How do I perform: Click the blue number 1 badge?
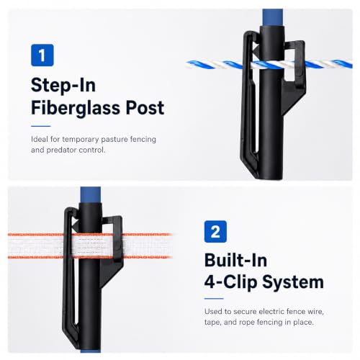42,55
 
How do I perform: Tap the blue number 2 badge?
215,232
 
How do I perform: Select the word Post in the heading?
145,107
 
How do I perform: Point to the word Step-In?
63,85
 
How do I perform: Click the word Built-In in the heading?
235,260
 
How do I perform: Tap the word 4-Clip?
230,282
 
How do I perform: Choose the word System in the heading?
293,282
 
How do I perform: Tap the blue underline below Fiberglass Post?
41,126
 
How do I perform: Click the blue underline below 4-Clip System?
214,299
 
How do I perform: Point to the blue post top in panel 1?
273,17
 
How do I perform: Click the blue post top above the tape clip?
91,194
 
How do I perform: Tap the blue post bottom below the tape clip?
91,351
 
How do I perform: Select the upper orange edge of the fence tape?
90,234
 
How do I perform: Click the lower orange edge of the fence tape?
90,257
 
